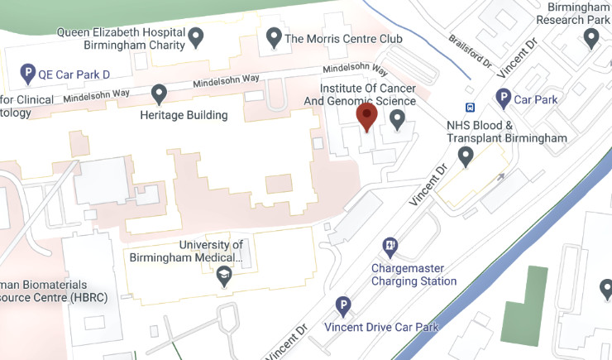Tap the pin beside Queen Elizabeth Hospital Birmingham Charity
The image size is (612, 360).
196,36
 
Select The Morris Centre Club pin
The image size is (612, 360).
274,36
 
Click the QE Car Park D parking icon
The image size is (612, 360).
27,73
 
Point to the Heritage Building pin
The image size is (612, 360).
159,94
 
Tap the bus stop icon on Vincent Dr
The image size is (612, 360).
471,107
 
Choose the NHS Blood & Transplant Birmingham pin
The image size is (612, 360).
466,155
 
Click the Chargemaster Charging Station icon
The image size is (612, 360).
390,246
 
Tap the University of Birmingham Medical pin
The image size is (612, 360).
223,278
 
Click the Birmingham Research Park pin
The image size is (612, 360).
591,37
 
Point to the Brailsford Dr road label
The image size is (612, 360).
469,50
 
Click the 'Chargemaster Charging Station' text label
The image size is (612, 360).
414,275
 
